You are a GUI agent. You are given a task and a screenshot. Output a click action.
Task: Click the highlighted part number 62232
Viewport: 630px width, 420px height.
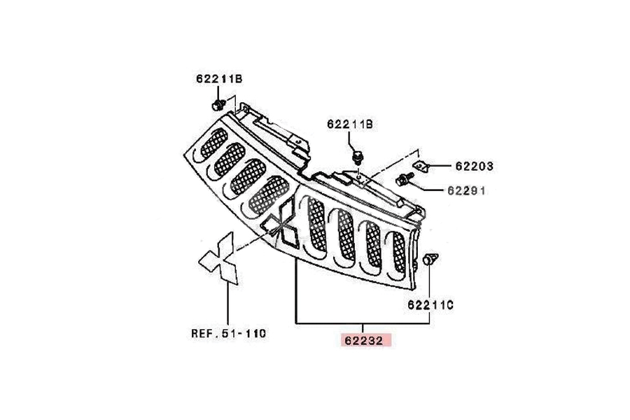(x=364, y=341)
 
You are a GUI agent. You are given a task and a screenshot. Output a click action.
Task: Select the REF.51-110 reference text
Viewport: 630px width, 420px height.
(x=228, y=334)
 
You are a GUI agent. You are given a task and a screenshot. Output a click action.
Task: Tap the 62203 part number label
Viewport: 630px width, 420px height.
(x=474, y=167)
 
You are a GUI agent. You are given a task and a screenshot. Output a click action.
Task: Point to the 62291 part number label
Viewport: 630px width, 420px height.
(x=474, y=190)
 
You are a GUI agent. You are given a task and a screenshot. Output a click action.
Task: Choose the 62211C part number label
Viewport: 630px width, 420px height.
(x=430, y=304)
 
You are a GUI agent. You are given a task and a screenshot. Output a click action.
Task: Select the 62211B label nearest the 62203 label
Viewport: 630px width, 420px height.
(x=350, y=124)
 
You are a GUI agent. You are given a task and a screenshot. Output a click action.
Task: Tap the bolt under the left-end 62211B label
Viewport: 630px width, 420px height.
(x=218, y=105)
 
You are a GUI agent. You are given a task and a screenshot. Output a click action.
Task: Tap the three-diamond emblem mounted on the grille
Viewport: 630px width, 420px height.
(x=283, y=225)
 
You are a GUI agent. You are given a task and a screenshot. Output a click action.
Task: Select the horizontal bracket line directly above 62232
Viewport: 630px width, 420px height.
(x=363, y=323)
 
